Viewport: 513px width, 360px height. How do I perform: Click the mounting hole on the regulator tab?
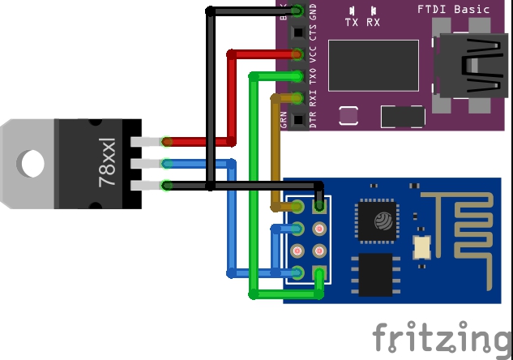pos(33,164)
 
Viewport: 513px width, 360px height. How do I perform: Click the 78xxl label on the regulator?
pos(107,163)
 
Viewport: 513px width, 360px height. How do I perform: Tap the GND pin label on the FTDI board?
pos(314,12)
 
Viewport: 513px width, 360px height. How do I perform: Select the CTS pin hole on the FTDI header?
pos(297,33)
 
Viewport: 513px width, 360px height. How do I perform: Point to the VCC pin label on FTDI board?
pos(314,55)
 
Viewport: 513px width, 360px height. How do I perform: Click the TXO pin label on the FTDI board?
pos(314,77)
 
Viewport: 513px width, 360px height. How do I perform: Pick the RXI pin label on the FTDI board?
pos(314,99)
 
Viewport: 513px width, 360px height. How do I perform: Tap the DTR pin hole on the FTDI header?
pos(297,120)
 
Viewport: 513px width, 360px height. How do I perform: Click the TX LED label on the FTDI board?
pos(353,22)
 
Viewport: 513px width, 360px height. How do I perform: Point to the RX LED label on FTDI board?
pos(374,22)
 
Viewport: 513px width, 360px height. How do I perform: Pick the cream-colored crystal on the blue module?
pos(421,246)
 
